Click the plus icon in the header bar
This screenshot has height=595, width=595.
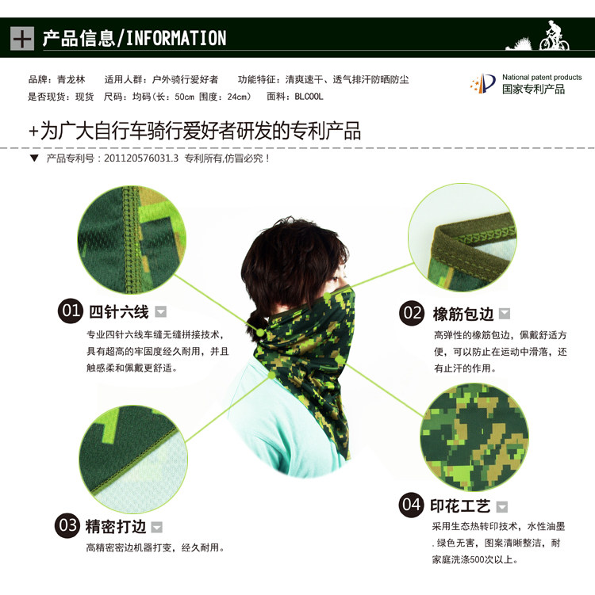click(22, 38)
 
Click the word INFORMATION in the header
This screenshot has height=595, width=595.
click(176, 38)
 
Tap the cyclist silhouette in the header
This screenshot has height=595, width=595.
click(555, 36)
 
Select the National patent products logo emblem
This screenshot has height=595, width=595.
click(483, 83)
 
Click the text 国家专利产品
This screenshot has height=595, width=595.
click(533, 90)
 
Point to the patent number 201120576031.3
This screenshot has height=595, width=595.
click(141, 158)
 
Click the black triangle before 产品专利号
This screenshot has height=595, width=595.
click(34, 158)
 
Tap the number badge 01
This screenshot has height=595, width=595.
click(71, 311)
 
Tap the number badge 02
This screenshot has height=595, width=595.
click(412, 313)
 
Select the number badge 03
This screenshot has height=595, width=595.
click(67, 525)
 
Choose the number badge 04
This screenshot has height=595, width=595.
click(411, 505)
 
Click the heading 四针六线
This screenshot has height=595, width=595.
click(118, 312)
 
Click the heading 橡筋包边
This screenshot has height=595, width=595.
click(463, 315)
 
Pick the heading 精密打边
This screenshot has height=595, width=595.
click(116, 527)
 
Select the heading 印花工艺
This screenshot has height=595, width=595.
click(460, 505)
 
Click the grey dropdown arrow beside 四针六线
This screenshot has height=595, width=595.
click(161, 311)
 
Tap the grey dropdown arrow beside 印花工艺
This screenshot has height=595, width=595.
click(502, 506)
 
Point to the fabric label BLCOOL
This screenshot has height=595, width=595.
click(309, 97)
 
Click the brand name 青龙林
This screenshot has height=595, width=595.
click(71, 79)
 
